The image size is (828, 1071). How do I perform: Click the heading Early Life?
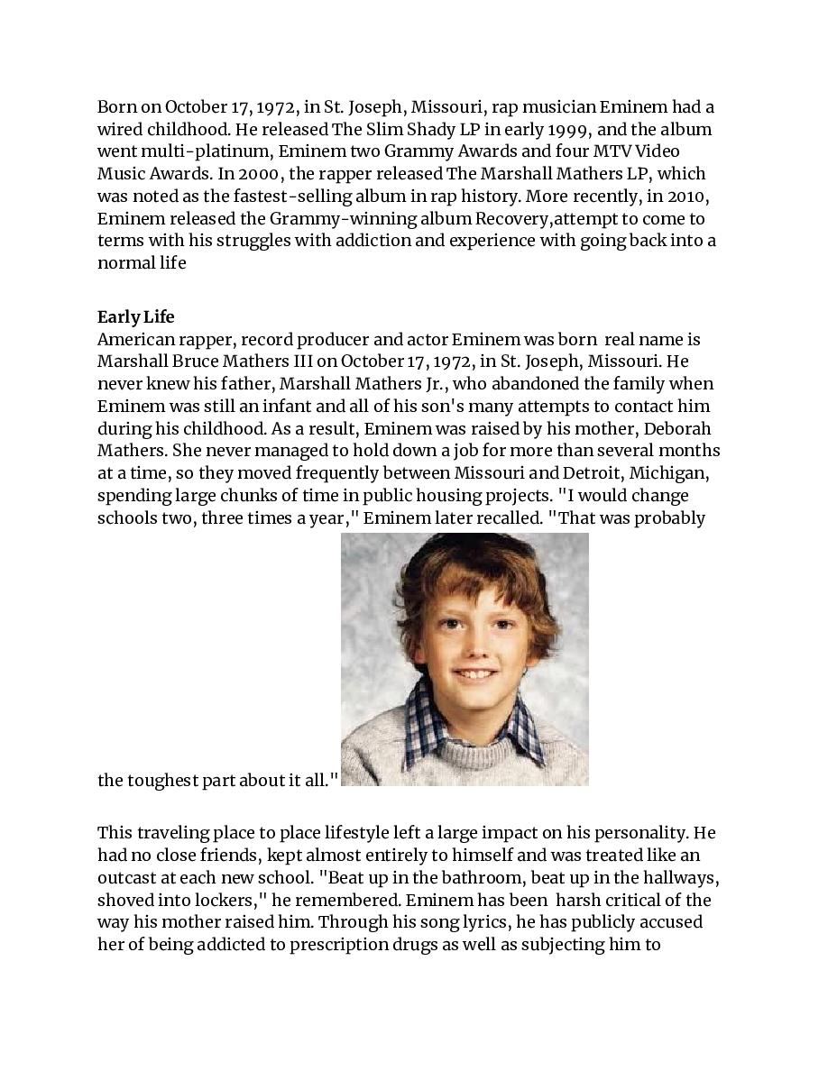tap(135, 317)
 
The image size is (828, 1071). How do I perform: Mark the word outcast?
tap(125, 877)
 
